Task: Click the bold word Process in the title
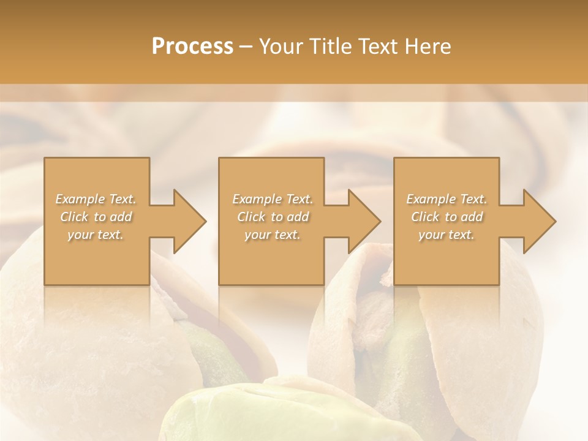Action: [x=192, y=47]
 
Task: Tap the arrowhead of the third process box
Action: [x=538, y=221]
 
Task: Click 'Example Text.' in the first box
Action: [x=96, y=199]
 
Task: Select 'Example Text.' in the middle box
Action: [x=273, y=199]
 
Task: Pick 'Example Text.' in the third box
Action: [x=447, y=199]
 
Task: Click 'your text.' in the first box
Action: [x=96, y=235]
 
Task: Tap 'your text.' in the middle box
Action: [x=273, y=235]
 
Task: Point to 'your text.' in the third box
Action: [x=447, y=235]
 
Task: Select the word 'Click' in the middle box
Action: [x=251, y=217]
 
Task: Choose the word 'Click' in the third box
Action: [x=425, y=217]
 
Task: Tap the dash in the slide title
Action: [x=246, y=47]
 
